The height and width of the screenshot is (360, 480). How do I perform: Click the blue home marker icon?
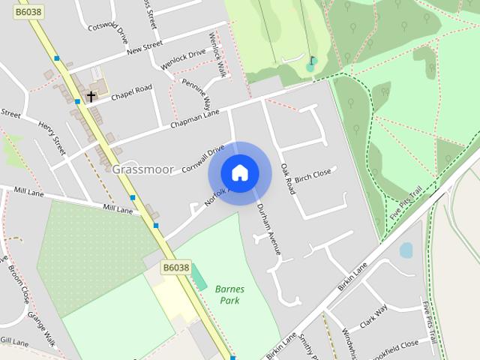point(239,173)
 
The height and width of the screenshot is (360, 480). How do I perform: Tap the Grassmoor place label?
point(142,169)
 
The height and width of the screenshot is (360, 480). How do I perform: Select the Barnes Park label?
point(229,294)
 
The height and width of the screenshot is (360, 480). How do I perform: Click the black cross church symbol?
point(91,97)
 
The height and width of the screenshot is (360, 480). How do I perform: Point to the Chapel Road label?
point(131,92)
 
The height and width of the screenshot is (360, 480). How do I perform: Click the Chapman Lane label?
point(194,117)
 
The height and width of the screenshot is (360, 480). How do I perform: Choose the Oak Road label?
point(287,179)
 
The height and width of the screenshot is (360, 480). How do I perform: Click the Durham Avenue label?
point(268,229)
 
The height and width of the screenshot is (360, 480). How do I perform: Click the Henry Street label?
point(52,136)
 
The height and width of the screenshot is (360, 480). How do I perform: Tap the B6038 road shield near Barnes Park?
point(175,267)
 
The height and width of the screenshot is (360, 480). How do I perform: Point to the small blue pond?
point(406,250)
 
